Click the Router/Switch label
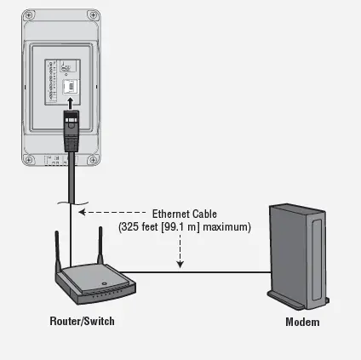pyautogui.click(x=82, y=322)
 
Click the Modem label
pyautogui.click(x=302, y=322)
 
